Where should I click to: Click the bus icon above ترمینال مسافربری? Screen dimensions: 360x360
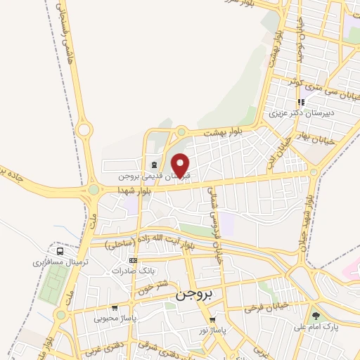click(60, 250)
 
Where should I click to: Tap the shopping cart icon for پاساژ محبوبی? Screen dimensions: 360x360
click(115, 307)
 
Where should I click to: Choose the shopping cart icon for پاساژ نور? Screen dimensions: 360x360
click(212, 320)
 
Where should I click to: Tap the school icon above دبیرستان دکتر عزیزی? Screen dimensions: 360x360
click(302, 102)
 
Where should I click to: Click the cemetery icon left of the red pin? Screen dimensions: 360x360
click(153, 165)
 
